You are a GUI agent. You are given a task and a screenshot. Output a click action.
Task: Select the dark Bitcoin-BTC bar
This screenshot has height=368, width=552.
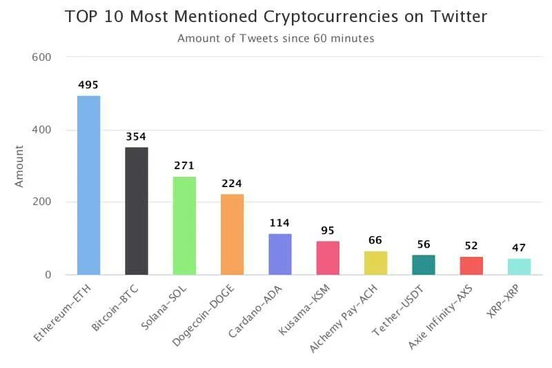tap(137, 211)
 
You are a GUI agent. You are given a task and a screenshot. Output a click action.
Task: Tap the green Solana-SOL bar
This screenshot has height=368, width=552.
tap(184, 226)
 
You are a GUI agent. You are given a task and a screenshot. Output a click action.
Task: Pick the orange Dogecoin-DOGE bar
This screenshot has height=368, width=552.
tap(233, 234)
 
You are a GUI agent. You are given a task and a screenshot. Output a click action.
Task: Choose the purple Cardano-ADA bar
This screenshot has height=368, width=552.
tap(280, 254)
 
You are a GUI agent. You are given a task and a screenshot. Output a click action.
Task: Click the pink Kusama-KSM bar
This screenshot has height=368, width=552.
tap(328, 258)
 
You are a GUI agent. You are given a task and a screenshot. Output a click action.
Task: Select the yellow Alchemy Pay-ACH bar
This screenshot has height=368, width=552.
tap(376, 263)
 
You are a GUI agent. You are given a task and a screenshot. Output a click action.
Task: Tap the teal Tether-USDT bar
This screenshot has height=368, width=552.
tap(424, 264)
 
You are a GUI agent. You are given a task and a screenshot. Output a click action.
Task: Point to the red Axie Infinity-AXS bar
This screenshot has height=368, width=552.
tap(471, 266)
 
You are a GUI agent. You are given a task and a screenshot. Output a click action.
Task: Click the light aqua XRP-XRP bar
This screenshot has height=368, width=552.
tap(520, 267)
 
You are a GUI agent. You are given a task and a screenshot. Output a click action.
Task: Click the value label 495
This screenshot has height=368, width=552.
tap(88, 85)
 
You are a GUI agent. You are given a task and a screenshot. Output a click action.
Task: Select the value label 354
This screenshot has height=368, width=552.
tap(136, 136)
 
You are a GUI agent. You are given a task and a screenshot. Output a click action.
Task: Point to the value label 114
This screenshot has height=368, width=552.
tap(279, 223)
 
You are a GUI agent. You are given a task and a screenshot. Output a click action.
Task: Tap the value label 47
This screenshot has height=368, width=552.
tap(519, 247)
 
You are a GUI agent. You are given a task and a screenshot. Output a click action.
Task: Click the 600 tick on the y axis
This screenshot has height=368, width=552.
tap(42, 57)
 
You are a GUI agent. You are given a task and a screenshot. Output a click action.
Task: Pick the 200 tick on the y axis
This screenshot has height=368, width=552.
tap(42, 202)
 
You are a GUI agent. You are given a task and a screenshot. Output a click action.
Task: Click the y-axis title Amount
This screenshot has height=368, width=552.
tap(19, 166)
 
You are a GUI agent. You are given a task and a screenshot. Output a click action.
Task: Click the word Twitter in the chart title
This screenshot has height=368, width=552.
tap(454, 17)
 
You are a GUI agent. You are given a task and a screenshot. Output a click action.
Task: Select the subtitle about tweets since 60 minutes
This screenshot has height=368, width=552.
tap(276, 39)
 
